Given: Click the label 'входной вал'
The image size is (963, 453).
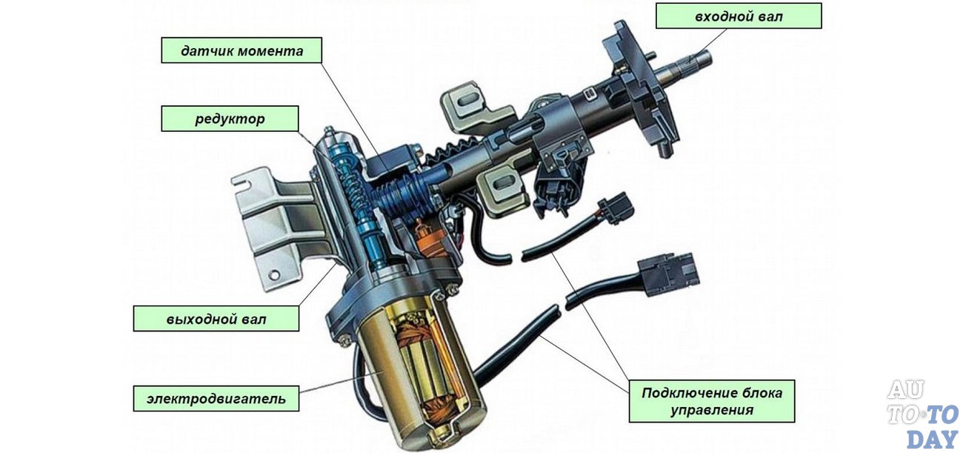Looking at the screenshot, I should (739, 16).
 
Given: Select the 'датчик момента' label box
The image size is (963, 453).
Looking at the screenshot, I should (242, 51).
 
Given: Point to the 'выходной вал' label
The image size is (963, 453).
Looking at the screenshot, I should (216, 319).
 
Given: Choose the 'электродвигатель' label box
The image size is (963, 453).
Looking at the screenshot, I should (216, 398).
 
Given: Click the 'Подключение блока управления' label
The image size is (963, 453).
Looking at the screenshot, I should (711, 401).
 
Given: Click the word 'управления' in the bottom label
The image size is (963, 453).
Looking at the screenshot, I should (711, 410).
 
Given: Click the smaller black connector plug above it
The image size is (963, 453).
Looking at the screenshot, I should (616, 205).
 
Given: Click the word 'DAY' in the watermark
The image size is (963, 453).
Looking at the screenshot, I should (932, 438).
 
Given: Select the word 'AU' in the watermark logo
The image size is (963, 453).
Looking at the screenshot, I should (905, 390).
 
